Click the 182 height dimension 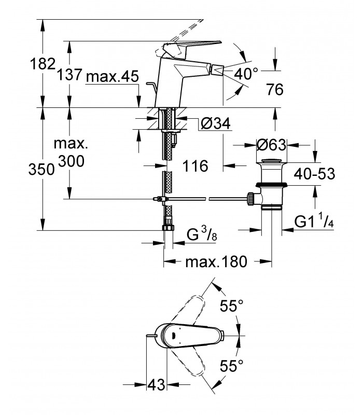point(43,64)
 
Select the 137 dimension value point(70,74)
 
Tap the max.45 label point(113,77)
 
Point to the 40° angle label point(246,74)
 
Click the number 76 point(275,89)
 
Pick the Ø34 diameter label point(216,123)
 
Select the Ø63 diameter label point(271,145)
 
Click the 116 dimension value point(196,166)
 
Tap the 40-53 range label point(315,174)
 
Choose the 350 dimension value point(41,169)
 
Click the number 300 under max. point(71,161)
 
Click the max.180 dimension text point(216,262)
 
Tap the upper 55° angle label point(231,306)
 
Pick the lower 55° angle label point(231,366)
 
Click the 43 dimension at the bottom point(156,384)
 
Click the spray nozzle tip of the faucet point(218,71)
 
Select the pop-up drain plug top point(271,161)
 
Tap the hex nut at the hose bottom point(168,227)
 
